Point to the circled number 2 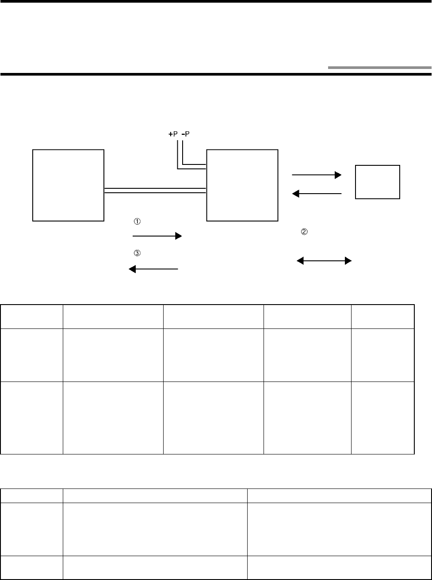click(x=304, y=231)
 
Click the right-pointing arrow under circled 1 click(x=157, y=236)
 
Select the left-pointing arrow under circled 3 click(x=153, y=269)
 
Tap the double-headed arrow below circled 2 click(x=324, y=261)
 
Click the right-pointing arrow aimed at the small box click(x=317, y=175)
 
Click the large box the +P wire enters click(x=242, y=185)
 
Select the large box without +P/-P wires click(x=69, y=185)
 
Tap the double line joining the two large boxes click(x=155, y=191)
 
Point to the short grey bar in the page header click(x=379, y=68)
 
